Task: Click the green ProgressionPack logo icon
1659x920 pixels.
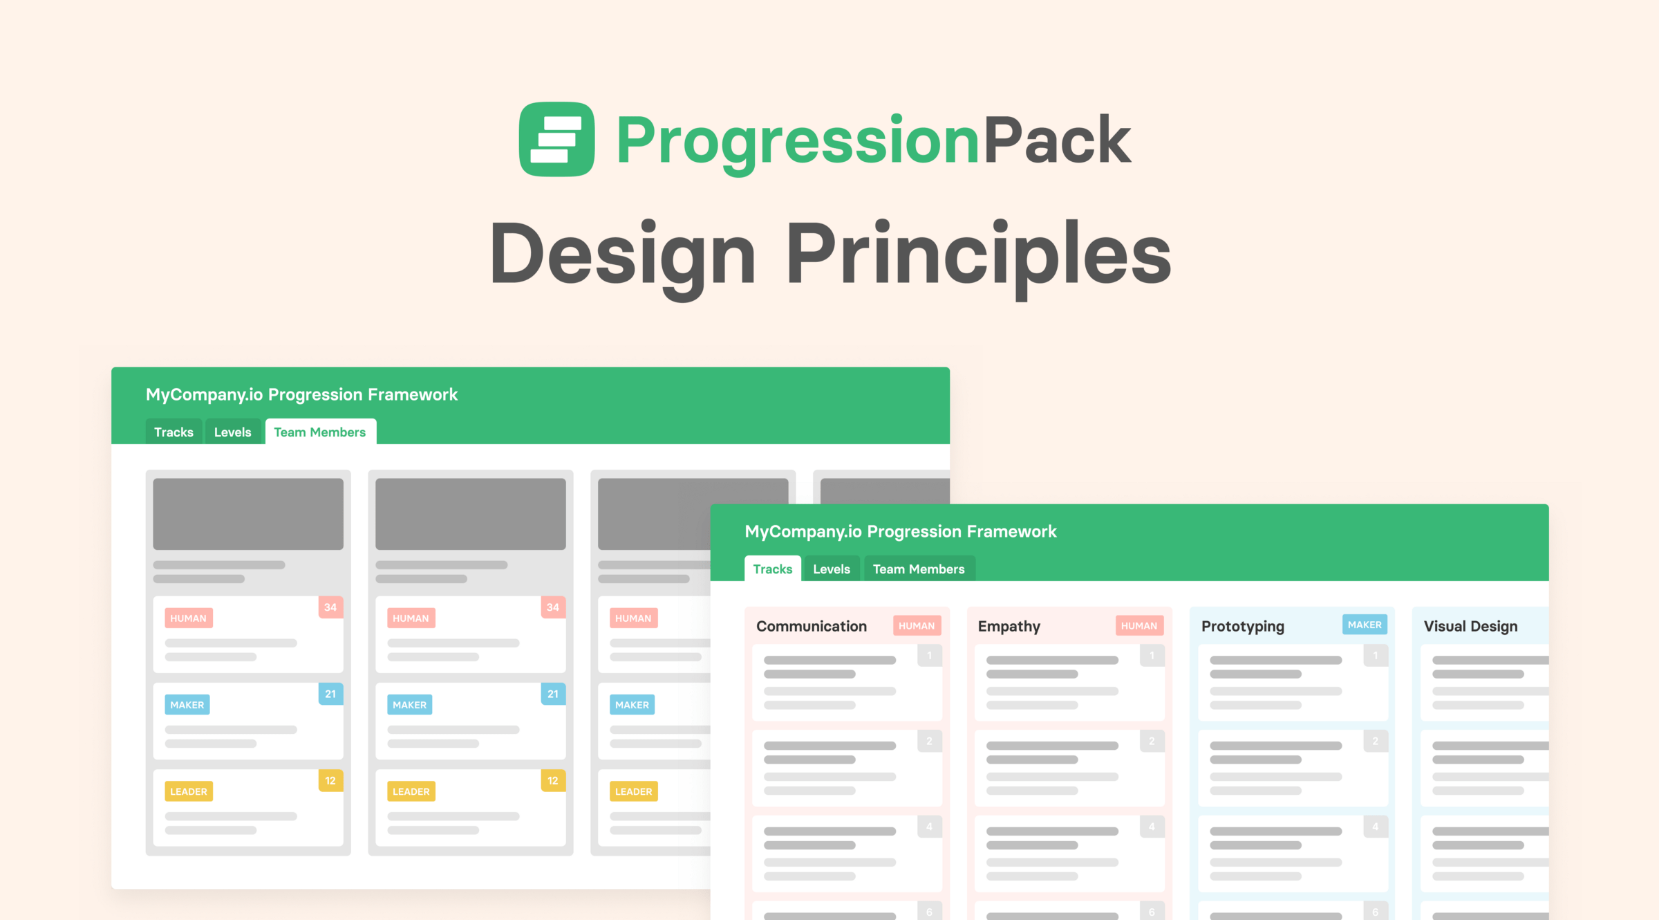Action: coord(556,139)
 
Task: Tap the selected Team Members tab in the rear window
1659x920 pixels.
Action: coord(320,432)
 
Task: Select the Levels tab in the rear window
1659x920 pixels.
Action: coord(233,432)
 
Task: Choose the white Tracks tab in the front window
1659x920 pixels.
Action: coord(773,569)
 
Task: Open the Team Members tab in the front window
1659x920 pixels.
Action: coord(919,569)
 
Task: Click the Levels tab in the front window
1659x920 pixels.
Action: coord(832,569)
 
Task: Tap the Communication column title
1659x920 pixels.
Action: coord(812,626)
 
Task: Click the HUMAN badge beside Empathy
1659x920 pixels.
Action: coord(1139,625)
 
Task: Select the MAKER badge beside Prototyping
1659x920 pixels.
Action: coord(1365,625)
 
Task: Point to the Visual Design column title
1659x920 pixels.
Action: coord(1471,626)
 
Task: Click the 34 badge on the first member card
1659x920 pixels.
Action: coord(330,607)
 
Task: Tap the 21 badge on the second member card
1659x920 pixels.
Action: coord(553,694)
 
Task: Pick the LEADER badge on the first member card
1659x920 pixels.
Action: coord(189,791)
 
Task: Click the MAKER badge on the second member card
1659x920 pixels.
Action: coord(410,704)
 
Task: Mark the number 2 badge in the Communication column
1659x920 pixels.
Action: coord(930,741)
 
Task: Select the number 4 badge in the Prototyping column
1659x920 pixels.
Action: coord(1376,827)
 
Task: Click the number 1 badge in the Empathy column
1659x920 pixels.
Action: coord(1152,655)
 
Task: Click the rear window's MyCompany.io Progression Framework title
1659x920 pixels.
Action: coord(301,394)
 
